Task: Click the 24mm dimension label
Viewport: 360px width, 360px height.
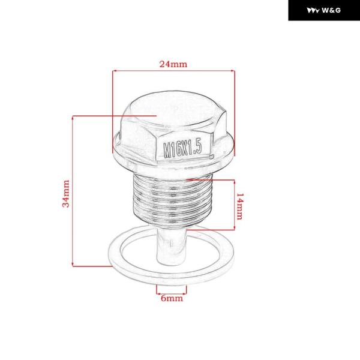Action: [x=173, y=64]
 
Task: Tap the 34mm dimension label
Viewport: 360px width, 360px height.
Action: [x=66, y=194]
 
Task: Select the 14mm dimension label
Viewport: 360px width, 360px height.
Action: [x=240, y=206]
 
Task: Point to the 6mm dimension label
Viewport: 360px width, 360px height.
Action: [x=172, y=298]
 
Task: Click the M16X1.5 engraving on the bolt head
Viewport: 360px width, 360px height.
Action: [x=182, y=149]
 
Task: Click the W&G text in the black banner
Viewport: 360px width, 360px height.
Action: [x=331, y=10]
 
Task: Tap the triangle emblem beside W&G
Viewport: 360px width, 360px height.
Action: [x=313, y=11]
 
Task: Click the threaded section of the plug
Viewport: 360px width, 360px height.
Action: [x=172, y=199]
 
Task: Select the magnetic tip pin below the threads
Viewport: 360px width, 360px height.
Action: [x=171, y=245]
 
